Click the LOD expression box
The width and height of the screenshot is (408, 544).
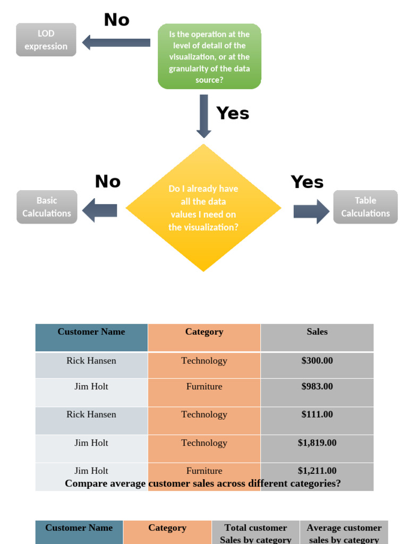pyautogui.click(x=46, y=40)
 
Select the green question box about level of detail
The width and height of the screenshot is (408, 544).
pyautogui.click(x=209, y=56)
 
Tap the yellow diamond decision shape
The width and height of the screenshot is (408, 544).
pyautogui.click(x=203, y=208)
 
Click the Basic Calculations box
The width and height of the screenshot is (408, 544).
pyautogui.click(x=47, y=207)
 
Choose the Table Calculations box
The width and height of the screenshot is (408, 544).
pyautogui.click(x=365, y=207)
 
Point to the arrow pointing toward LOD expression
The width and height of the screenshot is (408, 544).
pyautogui.click(x=116, y=42)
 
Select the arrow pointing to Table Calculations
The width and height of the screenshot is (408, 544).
pyautogui.click(x=311, y=211)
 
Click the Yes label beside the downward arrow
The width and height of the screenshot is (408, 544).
pyautogui.click(x=233, y=113)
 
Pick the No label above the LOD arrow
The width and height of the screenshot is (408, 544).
pyautogui.click(x=117, y=20)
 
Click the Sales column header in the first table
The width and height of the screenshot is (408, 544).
pyautogui.click(x=317, y=332)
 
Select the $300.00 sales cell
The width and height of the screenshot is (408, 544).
pyautogui.click(x=317, y=361)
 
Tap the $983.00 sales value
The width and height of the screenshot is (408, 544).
pyautogui.click(x=317, y=387)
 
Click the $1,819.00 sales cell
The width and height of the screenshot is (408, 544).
pyautogui.click(x=317, y=443)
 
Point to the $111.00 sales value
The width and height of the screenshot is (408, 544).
pyautogui.click(x=317, y=414)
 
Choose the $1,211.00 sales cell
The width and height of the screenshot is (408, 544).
pyautogui.click(x=317, y=471)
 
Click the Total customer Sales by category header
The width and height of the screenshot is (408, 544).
pyautogui.click(x=256, y=533)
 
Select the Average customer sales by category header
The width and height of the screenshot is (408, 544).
pyautogui.click(x=344, y=533)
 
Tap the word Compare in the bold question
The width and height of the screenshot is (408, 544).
pyautogui.click(x=85, y=483)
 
